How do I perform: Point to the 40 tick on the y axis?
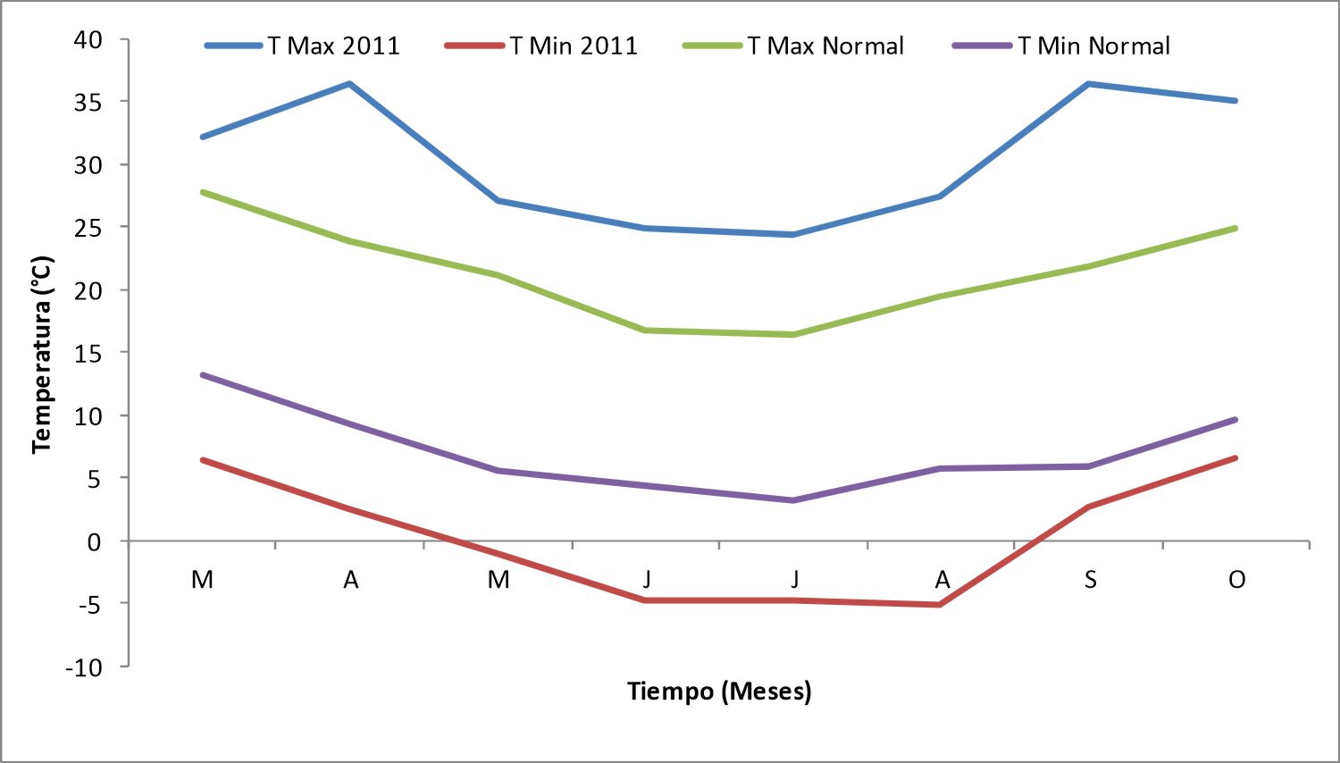88,39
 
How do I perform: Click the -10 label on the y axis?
84,667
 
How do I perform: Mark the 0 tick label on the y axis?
95,542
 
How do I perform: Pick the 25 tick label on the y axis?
88,228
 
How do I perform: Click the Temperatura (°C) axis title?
43,355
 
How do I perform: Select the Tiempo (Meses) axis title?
719,692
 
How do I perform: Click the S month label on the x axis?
1091,579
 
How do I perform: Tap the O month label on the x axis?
1236,579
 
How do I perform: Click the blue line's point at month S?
1089,84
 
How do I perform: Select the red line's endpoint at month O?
1235,458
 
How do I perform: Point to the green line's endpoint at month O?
1235,229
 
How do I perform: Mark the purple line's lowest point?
793,500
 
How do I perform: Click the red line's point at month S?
1089,507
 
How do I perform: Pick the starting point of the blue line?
203,137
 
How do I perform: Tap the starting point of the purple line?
203,375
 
